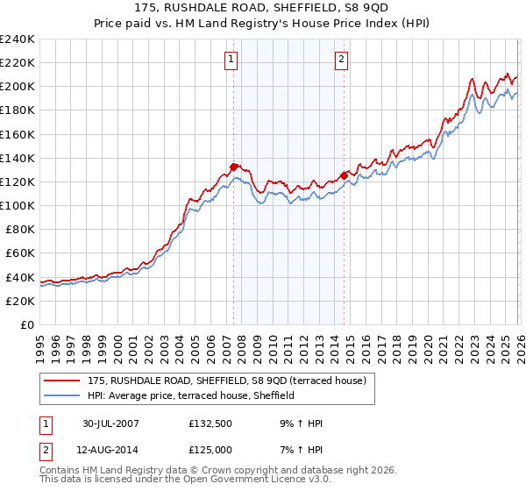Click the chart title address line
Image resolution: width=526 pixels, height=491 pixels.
262,7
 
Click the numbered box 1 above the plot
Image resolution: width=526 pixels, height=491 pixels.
231,60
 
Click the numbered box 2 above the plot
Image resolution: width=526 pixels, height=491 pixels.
340,60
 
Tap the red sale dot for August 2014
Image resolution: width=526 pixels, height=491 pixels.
344,175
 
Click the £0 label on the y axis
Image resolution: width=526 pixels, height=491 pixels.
26,324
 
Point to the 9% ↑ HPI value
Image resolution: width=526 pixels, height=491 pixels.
303,423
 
